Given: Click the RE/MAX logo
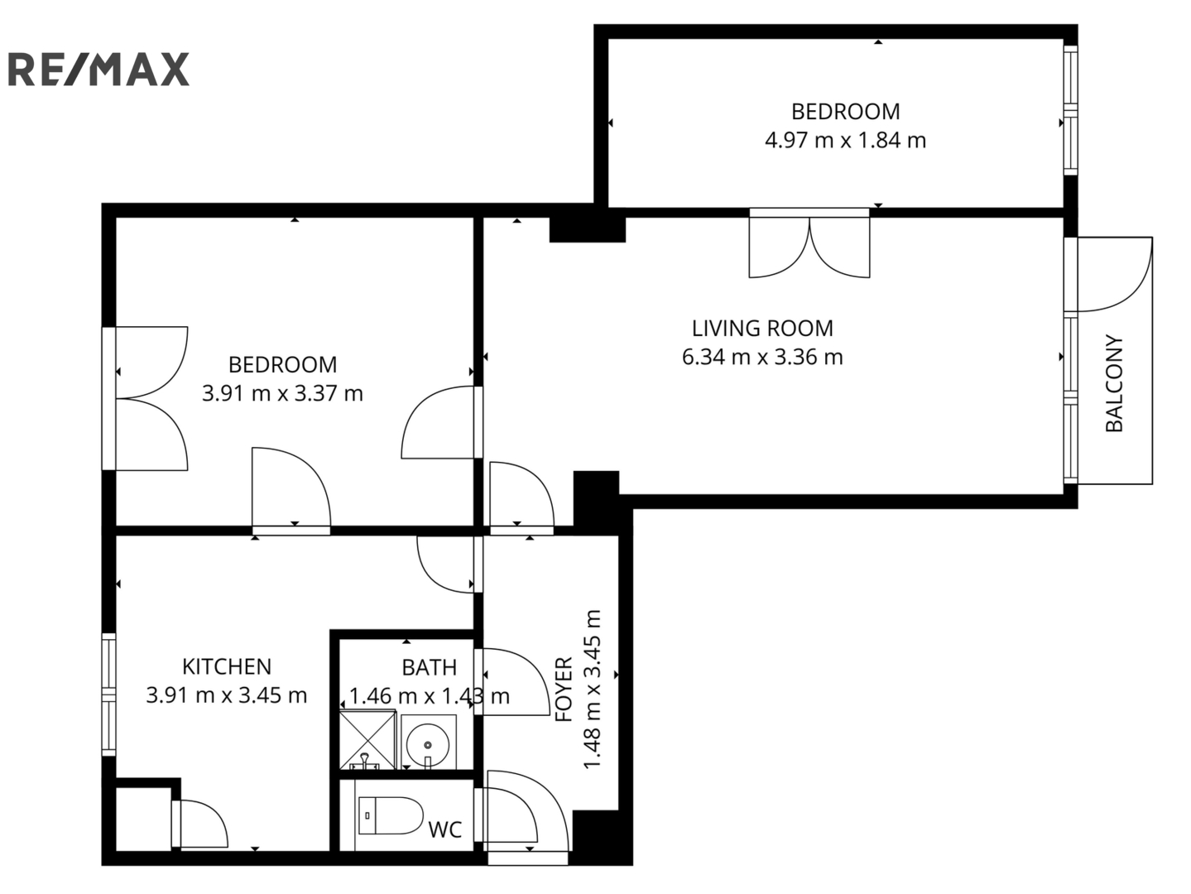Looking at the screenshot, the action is [x=98, y=70].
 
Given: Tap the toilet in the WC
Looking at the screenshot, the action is [x=391, y=815].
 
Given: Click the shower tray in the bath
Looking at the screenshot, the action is [x=367, y=740].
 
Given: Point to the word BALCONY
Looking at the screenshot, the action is [x=1114, y=383].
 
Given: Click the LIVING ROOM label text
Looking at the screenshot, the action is [x=762, y=328].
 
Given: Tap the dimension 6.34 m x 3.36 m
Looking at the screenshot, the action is [x=762, y=357].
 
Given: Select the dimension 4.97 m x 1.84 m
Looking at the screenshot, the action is [x=845, y=141].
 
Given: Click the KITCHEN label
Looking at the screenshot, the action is [x=227, y=666].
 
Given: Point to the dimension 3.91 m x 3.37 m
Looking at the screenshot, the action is [x=283, y=393].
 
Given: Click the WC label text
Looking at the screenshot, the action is [x=445, y=829].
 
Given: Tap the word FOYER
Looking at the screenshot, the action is [x=564, y=689].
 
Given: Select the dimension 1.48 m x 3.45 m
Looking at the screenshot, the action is [x=593, y=689].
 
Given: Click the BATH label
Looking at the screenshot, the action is [x=430, y=667].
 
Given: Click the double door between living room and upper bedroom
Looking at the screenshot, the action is [x=809, y=243].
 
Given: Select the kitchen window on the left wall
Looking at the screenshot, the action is [x=109, y=695].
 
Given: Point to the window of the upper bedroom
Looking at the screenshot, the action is [x=1070, y=110].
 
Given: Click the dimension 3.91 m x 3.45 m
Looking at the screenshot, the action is [x=227, y=695].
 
